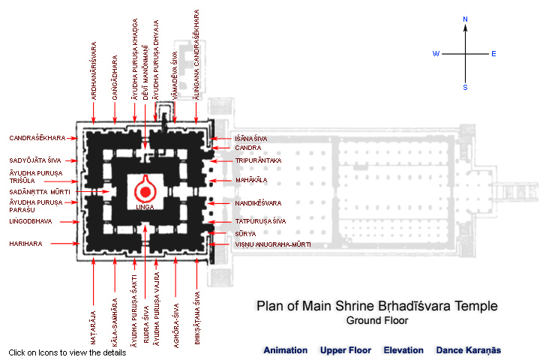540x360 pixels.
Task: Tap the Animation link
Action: click(x=285, y=350)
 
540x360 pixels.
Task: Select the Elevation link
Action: click(x=403, y=350)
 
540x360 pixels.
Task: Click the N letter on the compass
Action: click(x=465, y=19)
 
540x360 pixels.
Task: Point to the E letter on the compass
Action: click(x=493, y=54)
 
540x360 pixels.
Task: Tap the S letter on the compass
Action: click(x=465, y=88)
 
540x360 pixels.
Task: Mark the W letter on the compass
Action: click(x=435, y=54)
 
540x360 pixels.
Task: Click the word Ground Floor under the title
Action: click(x=376, y=320)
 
